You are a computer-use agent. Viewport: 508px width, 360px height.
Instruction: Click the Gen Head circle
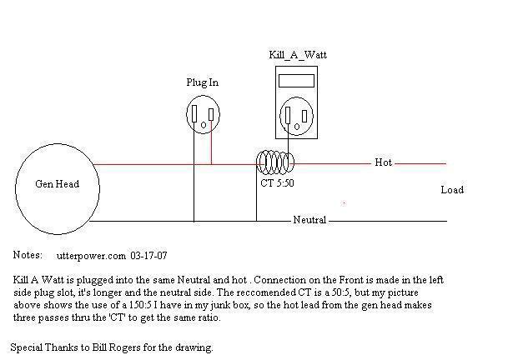coord(16,189)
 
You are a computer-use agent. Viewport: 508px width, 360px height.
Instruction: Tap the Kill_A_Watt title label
coord(298,55)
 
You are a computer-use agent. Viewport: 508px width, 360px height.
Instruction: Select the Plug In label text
coord(203,82)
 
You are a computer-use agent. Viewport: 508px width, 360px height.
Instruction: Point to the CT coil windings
coord(275,162)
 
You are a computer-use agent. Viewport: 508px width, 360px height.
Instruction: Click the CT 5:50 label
coord(277,183)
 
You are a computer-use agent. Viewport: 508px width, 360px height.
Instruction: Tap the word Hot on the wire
coord(383,162)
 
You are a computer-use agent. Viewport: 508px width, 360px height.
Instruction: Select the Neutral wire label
coord(309,220)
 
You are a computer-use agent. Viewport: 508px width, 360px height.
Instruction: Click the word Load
coord(452,190)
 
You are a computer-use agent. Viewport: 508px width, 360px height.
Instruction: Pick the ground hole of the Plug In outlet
coord(204,125)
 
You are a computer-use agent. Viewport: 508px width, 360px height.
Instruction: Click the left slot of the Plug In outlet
coord(194,113)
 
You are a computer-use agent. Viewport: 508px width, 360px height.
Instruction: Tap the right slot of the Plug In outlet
coord(211,115)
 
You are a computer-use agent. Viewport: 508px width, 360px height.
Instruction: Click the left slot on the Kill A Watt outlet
coord(288,115)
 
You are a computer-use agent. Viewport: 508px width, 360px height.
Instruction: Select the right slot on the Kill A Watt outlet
coord(304,116)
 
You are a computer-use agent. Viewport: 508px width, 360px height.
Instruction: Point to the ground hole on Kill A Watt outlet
coord(297,127)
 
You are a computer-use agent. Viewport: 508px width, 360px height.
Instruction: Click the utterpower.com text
coord(91,256)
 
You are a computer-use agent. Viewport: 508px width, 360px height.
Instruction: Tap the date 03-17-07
coord(148,256)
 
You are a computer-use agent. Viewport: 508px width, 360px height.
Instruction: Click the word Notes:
coord(28,255)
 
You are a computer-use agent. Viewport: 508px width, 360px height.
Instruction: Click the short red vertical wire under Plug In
coord(211,142)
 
